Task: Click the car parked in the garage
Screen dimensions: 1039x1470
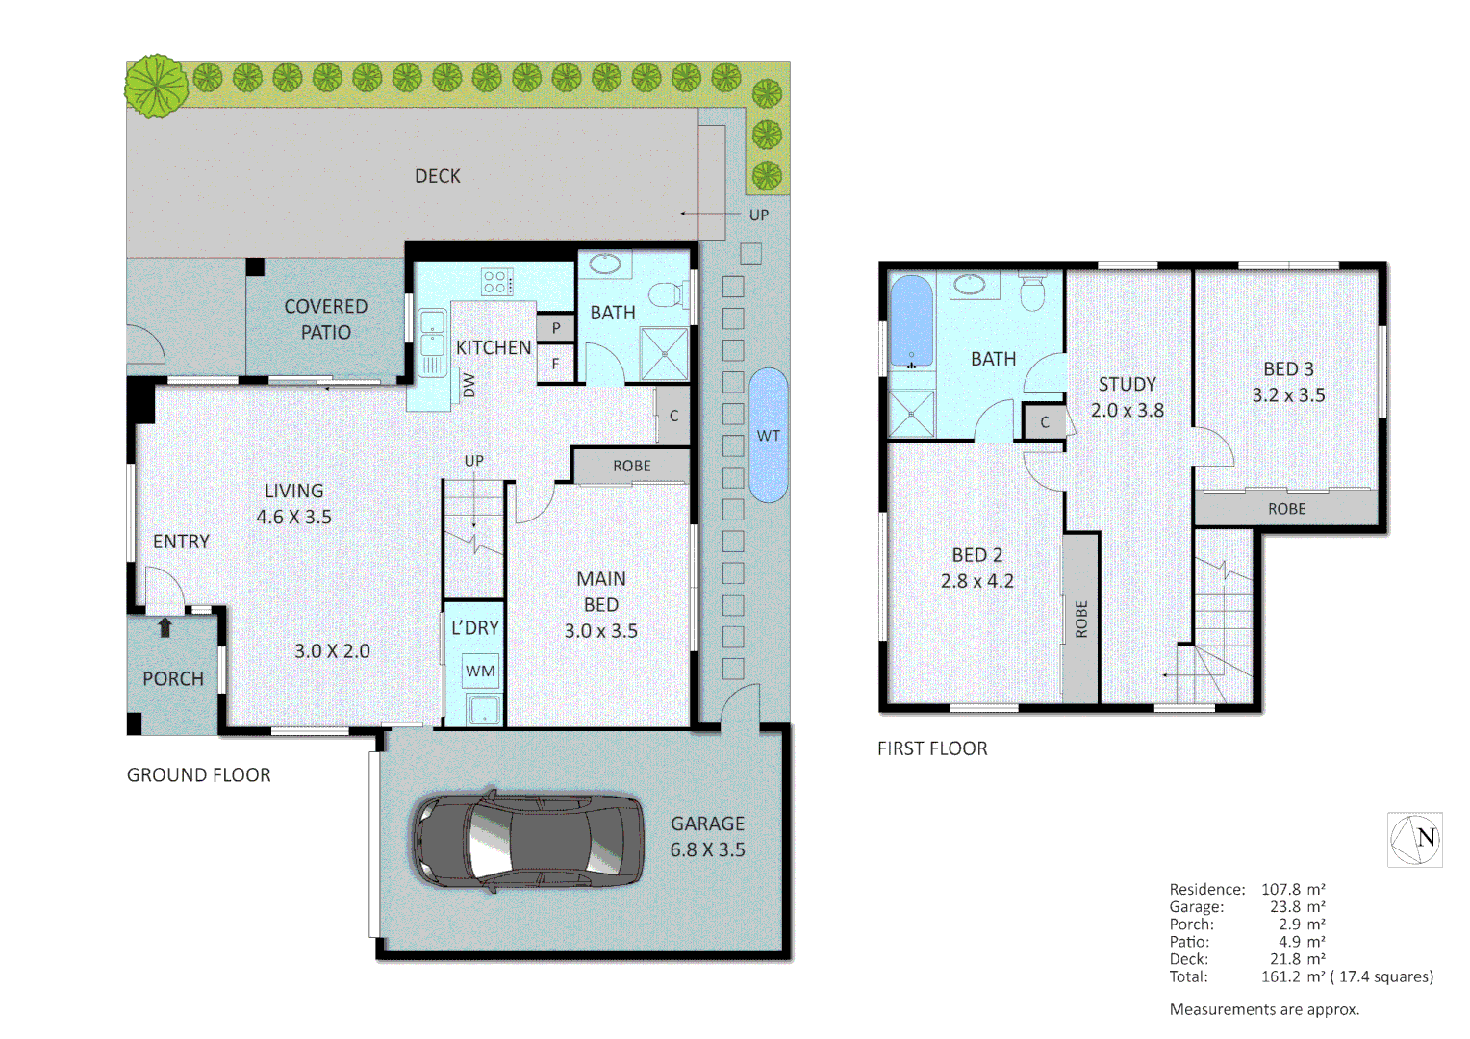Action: pos(528,840)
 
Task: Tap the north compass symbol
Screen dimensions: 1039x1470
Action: pos(1414,839)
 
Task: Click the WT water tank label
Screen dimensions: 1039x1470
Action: pos(768,436)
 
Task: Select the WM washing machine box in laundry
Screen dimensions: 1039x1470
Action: pos(480,671)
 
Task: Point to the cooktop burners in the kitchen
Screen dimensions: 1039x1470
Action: pos(496,282)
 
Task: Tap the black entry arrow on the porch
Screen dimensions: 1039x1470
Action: pos(165,628)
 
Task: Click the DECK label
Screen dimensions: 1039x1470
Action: pos(438,176)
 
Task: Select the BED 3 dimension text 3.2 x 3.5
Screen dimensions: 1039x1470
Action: pos(1288,395)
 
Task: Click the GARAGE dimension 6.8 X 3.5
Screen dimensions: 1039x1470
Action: pos(707,849)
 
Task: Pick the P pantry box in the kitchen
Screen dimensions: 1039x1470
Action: pos(555,328)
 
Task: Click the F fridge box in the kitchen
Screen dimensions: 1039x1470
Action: pos(555,364)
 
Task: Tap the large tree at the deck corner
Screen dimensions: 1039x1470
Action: pos(155,87)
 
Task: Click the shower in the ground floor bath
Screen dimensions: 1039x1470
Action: pos(665,353)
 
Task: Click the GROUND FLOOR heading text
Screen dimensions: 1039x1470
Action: pos(199,775)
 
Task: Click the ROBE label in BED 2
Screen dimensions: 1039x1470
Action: pos(1080,620)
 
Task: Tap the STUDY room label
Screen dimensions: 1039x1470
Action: pos(1128,384)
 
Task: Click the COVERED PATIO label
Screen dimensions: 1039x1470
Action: pos(326,318)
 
